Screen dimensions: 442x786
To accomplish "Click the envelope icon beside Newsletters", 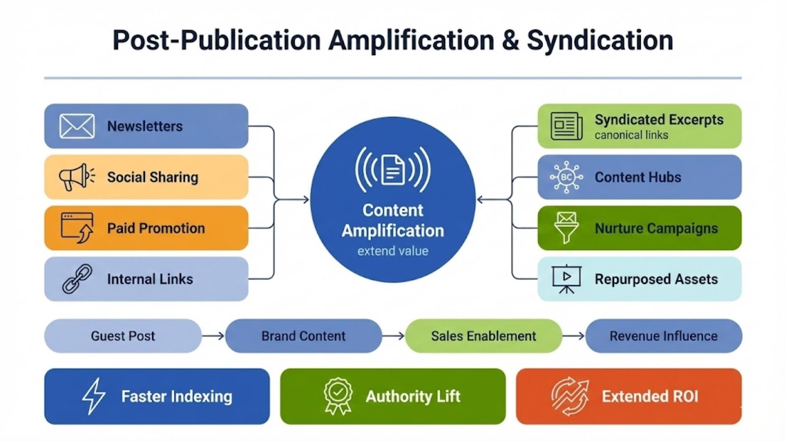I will pos(77,126).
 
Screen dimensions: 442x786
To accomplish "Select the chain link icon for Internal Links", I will pos(77,279).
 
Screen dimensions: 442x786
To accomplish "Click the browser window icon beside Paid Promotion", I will pos(77,228).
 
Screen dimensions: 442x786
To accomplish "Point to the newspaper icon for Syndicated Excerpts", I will pos(566,126).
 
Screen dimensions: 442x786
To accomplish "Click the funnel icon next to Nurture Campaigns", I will pos(566,228).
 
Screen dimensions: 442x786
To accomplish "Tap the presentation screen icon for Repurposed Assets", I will pos(566,279).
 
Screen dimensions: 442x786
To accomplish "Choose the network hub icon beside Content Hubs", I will pos(566,177).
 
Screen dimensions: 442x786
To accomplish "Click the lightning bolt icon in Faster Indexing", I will pos(93,396).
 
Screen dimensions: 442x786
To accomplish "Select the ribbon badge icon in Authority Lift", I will pos(338,396).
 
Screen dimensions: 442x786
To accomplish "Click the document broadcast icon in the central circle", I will pos(393,169).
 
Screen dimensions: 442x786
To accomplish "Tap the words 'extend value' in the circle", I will pos(393,251).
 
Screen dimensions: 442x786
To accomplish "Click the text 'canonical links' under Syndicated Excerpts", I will pos(631,135).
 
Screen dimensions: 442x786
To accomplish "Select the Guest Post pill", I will pos(123,336).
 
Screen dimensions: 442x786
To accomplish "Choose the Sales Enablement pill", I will pos(483,336).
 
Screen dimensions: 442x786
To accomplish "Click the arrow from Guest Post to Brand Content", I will pos(213,336).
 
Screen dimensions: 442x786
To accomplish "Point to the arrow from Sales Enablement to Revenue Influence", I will pos(573,336).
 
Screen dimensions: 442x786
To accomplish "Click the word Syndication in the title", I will pos(600,40).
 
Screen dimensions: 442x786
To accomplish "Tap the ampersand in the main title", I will pos(510,40).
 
